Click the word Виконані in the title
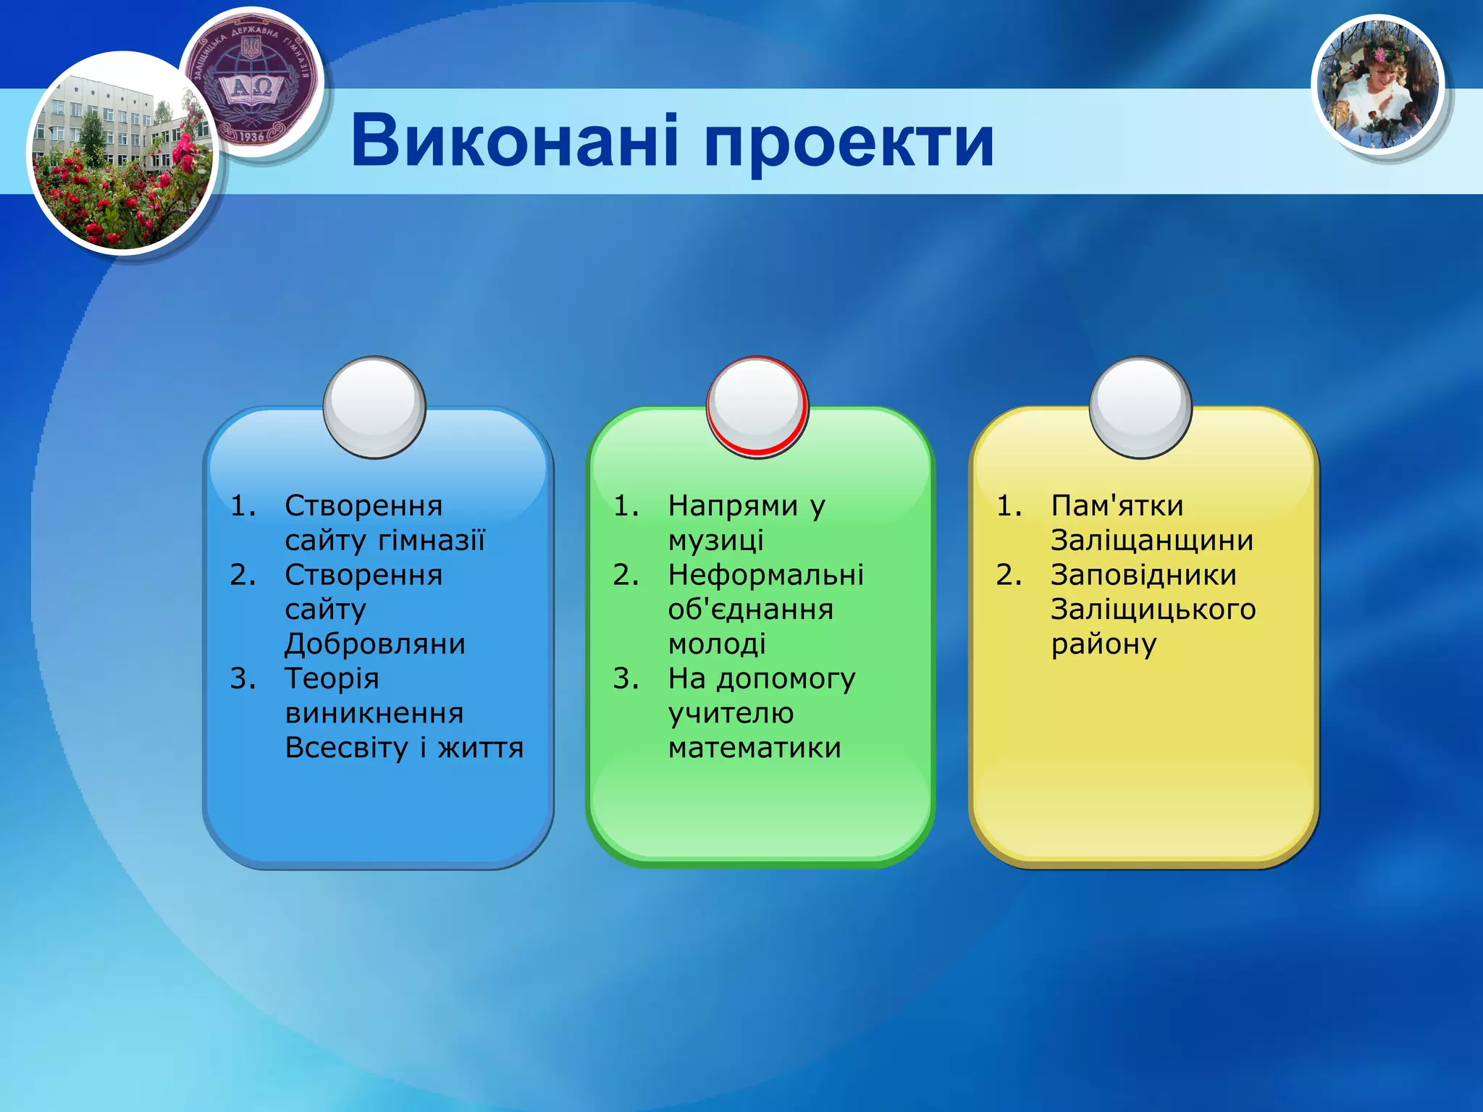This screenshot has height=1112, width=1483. coord(514,141)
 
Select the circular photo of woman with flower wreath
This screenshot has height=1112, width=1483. coord(1378,85)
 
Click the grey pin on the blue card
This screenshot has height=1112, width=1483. coord(374,407)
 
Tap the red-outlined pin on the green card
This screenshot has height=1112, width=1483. coord(757,407)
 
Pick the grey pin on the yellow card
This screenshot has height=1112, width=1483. coord(1140,407)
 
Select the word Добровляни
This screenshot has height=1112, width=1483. coord(375,644)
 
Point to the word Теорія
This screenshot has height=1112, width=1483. coord(332,678)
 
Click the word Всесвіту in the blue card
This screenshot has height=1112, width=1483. coord(347,747)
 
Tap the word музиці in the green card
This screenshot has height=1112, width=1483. coord(715,540)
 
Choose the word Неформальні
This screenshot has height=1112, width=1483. coord(765,575)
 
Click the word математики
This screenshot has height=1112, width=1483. coord(755,747)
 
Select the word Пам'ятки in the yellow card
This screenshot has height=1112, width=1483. coord(1117,505)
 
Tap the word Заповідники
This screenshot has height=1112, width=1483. coord(1143,575)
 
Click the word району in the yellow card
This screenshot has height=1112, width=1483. coord(1104,644)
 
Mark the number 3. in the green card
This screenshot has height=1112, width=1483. coord(626,678)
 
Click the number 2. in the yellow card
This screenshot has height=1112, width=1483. coord(1009,575)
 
